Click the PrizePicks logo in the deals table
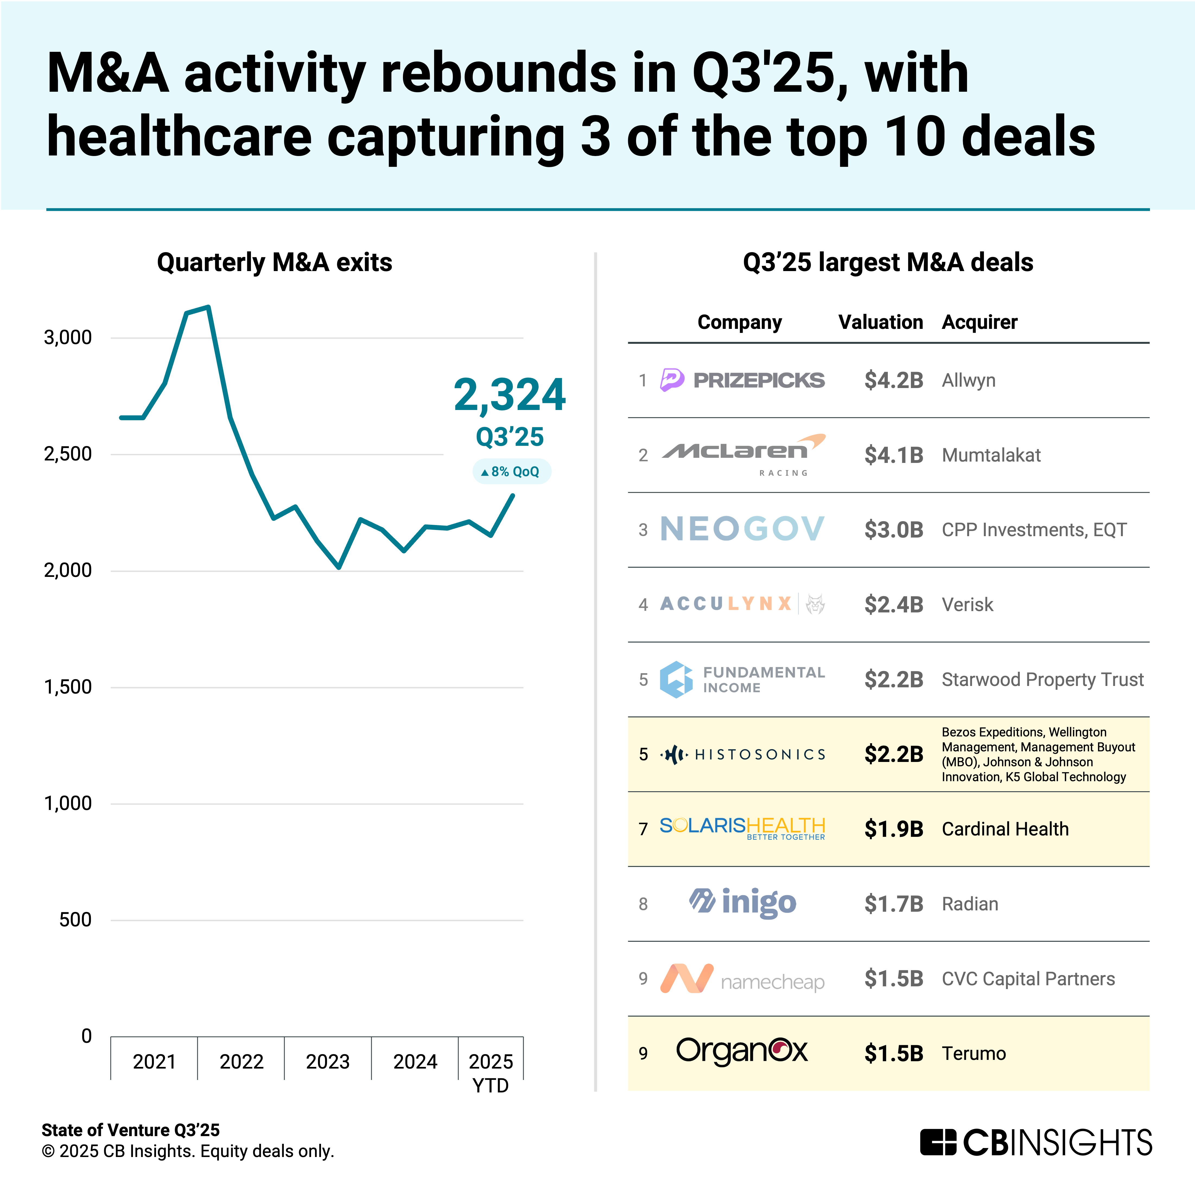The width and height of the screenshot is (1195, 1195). (x=742, y=380)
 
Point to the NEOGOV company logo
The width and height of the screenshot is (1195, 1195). (x=742, y=529)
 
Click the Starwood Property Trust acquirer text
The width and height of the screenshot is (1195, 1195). (x=1042, y=679)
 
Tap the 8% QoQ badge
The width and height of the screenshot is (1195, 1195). (x=511, y=471)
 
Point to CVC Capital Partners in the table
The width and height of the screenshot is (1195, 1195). (x=1028, y=978)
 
